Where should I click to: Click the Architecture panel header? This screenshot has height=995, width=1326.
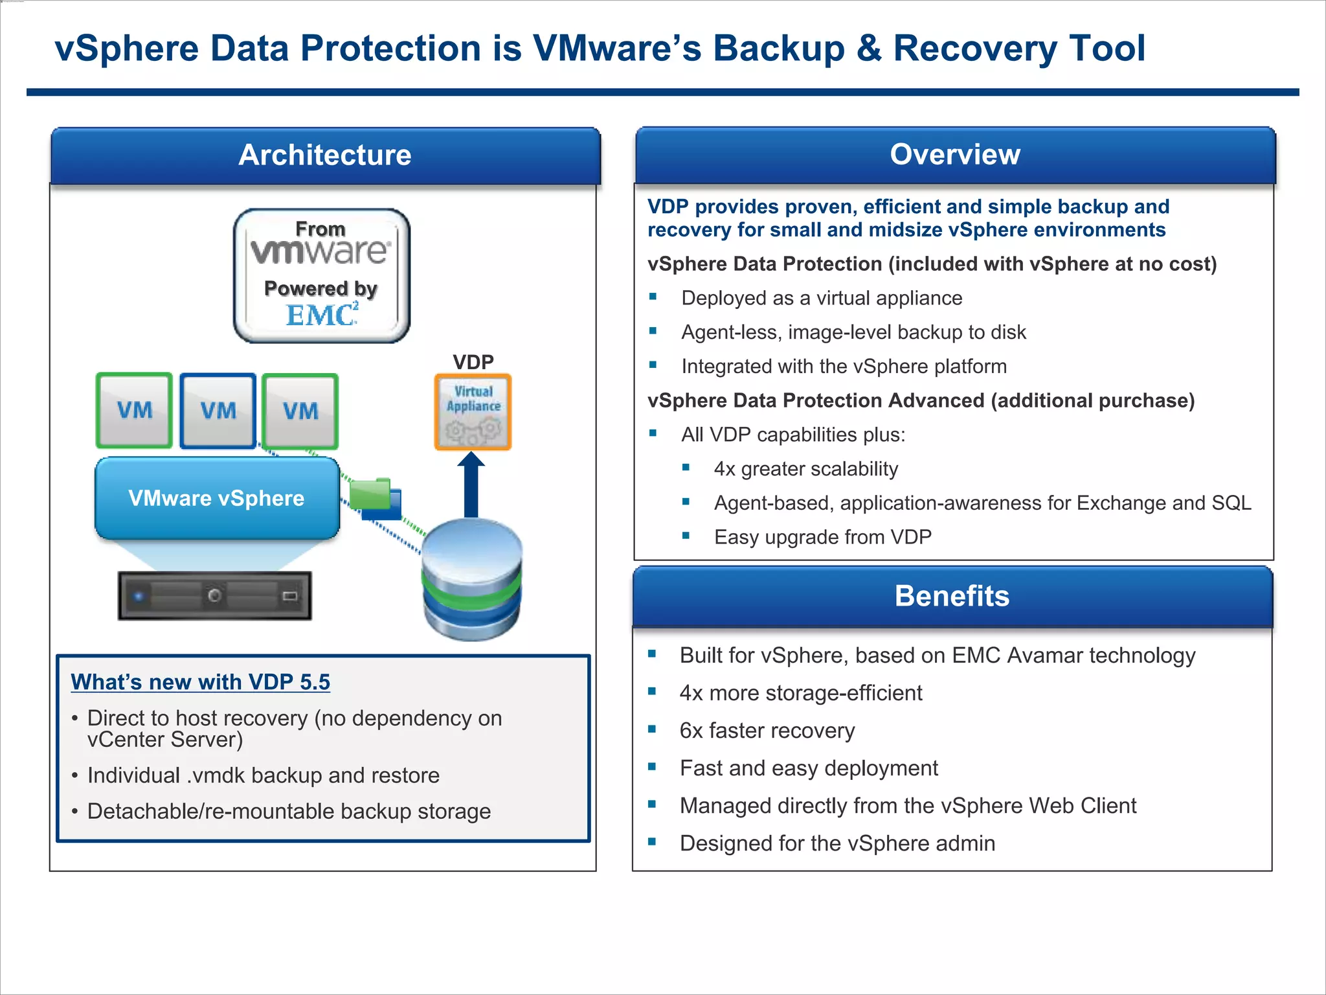(325, 155)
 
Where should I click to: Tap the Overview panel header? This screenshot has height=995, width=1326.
(954, 155)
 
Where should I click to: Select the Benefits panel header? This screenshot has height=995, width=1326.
(952, 596)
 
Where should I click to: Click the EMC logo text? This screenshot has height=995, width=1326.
(321, 315)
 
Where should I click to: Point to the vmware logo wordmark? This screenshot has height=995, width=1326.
(320, 251)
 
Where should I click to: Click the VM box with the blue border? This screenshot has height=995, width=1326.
(218, 411)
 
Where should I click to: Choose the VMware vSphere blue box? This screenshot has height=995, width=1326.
(217, 498)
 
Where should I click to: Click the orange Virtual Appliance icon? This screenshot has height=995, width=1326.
(473, 412)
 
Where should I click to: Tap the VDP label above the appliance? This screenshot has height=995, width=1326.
(473, 361)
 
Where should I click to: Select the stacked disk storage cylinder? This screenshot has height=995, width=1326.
(471, 580)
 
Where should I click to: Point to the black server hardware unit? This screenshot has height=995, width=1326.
(214, 595)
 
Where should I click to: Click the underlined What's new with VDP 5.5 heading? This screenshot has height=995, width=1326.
(200, 682)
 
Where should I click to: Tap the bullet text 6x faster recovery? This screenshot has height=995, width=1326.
(767, 731)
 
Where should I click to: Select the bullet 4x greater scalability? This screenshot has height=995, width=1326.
(805, 469)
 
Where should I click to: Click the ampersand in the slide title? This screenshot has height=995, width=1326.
(868, 49)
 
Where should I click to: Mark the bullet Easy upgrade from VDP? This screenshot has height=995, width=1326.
(822, 537)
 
